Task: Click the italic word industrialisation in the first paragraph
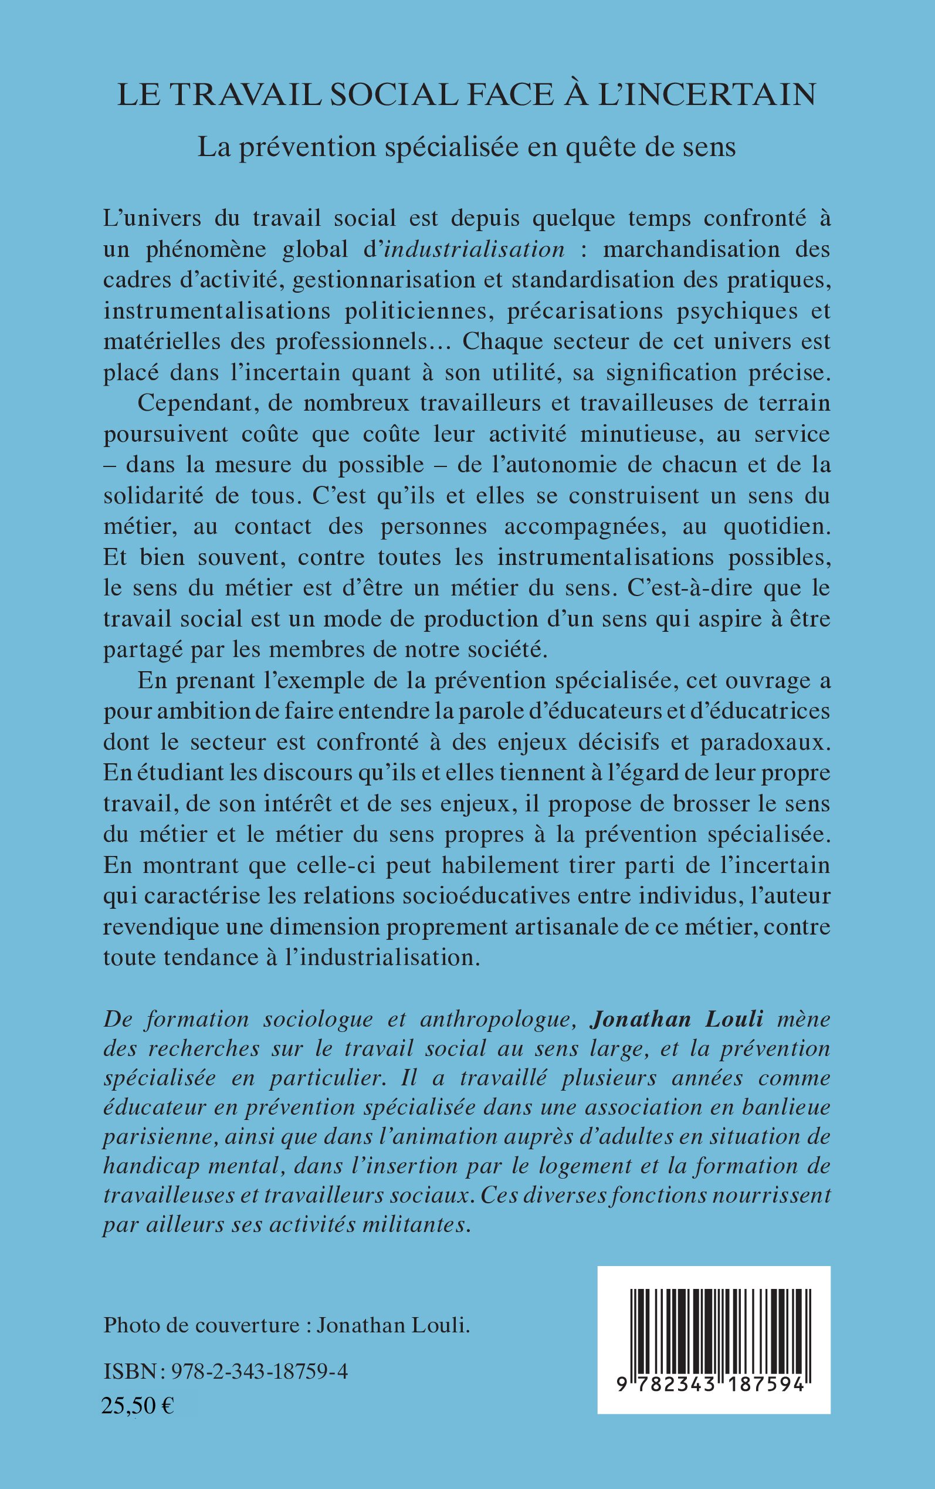click(x=474, y=249)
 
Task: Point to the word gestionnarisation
click(x=384, y=280)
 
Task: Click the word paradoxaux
click(x=764, y=742)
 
